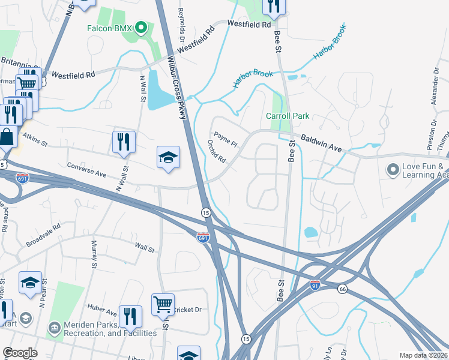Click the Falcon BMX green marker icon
141,27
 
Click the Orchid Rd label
216,151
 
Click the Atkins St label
35,140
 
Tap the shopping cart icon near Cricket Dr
163,304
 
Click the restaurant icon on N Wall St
122,142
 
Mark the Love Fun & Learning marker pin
393,170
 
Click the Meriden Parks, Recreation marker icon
54,328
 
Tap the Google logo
20,353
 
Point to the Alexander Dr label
435,87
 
